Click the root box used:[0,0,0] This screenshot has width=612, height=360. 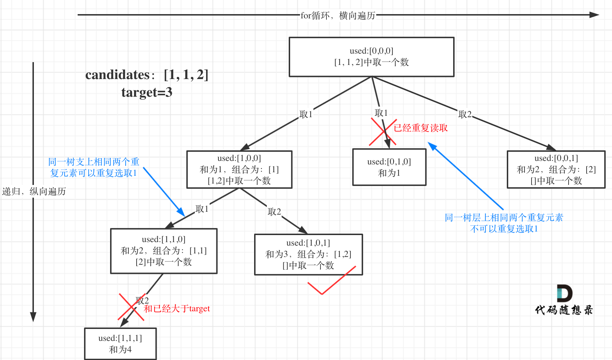(x=371, y=57)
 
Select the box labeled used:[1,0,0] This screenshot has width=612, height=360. (x=239, y=169)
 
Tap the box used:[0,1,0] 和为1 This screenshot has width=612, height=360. (x=389, y=167)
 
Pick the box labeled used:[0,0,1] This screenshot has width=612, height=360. (x=556, y=169)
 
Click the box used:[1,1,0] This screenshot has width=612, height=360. (x=164, y=251)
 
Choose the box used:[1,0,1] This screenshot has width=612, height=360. (x=308, y=254)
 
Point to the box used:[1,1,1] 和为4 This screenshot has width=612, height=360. (x=120, y=344)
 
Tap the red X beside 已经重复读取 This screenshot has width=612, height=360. (x=383, y=132)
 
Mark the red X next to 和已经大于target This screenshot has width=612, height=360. (x=131, y=307)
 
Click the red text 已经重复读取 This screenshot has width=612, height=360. (x=421, y=128)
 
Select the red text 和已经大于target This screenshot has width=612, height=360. (x=176, y=308)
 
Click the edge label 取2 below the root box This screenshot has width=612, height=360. (x=464, y=114)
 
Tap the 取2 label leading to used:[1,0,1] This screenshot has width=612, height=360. (x=274, y=211)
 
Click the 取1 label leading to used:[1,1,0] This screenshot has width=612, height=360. (x=202, y=209)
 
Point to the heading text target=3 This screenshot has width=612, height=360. (x=147, y=92)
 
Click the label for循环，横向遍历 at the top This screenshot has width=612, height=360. (x=338, y=16)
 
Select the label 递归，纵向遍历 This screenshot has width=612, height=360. (x=34, y=191)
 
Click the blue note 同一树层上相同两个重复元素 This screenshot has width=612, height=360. (x=504, y=217)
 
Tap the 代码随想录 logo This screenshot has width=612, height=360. (x=564, y=300)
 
